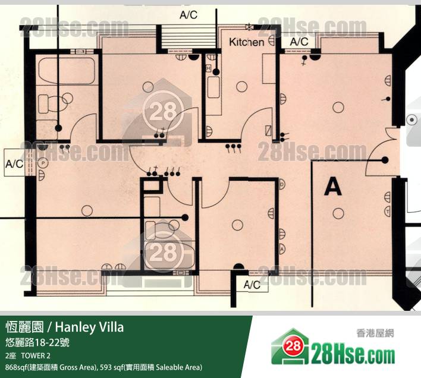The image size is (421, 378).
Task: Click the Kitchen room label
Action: pos(247,42)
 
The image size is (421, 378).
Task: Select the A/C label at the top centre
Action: pos(188,15)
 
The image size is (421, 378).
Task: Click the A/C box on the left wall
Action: pos(15,163)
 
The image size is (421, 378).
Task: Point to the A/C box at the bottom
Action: pos(252,285)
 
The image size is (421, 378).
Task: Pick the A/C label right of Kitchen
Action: pos(299,42)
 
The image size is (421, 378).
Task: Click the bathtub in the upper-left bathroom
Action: pos(67,71)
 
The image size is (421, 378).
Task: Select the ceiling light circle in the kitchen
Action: pos(241,87)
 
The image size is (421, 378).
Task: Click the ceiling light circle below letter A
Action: pos(338,214)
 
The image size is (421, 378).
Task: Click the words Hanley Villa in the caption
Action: pos(89,327)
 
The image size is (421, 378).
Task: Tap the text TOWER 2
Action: pos(36,356)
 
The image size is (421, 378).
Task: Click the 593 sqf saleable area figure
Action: pos(111,367)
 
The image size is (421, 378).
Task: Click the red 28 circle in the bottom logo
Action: pos(293,346)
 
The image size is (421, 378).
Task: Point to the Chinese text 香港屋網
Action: pos(375,333)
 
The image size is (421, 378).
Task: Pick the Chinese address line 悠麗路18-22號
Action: pos(37,342)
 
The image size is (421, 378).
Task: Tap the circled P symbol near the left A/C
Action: pos(43,163)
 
